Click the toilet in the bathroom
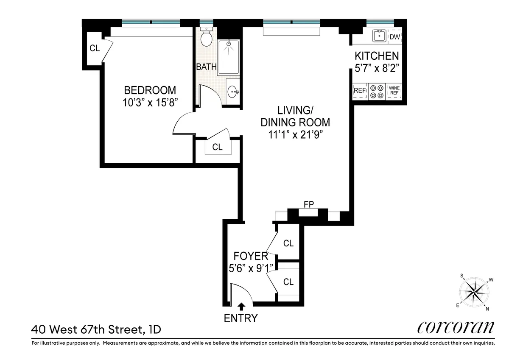(206, 38)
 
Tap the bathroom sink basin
(233, 91)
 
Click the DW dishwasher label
(395, 37)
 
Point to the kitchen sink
(379, 37)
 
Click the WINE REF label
(394, 90)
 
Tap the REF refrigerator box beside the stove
(360, 90)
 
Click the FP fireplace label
(308, 205)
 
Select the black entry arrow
(242, 305)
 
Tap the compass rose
(475, 292)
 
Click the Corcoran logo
(456, 327)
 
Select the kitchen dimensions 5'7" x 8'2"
(377, 67)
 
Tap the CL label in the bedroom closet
(95, 48)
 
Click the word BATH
(206, 67)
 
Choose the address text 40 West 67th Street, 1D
(96, 329)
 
